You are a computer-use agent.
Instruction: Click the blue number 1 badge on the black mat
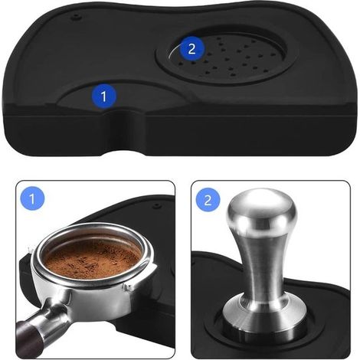pyautogui.click(x=103, y=96)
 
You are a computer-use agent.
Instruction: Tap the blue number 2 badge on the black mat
pyautogui.click(x=191, y=48)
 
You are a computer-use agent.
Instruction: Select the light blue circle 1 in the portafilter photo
pyautogui.click(x=32, y=198)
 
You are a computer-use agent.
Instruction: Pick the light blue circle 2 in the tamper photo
pyautogui.click(x=208, y=200)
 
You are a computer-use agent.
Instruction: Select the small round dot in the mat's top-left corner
pyautogui.click(x=76, y=17)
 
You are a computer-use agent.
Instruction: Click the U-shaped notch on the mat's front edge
pyautogui.click(x=125, y=133)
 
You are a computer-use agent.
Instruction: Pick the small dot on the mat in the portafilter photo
pyautogui.click(x=156, y=205)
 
